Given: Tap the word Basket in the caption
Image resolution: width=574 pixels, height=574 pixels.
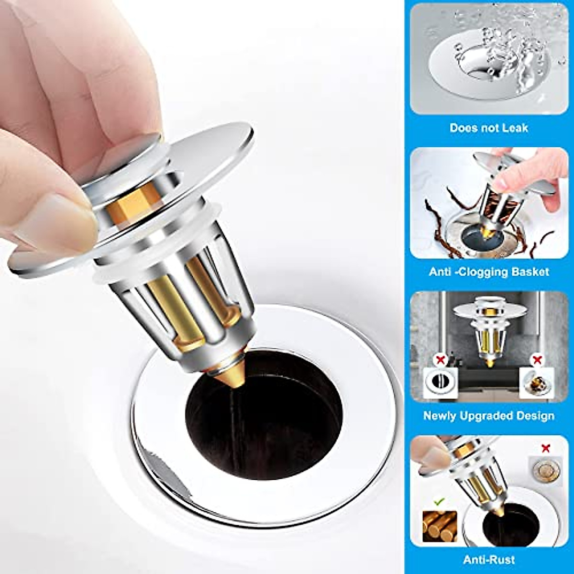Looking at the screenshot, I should point(530,272).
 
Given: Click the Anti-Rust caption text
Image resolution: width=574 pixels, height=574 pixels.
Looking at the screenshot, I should point(489,559).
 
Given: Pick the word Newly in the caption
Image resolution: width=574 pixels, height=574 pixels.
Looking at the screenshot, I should point(440,416).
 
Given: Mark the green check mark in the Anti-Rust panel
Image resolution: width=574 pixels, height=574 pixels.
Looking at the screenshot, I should point(439,501).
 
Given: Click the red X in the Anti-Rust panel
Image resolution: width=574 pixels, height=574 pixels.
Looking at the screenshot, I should point(545,449).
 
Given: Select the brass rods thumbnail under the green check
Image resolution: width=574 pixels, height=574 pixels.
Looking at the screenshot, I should point(440,526).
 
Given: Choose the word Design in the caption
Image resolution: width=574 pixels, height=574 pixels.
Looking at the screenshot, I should point(537,416).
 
